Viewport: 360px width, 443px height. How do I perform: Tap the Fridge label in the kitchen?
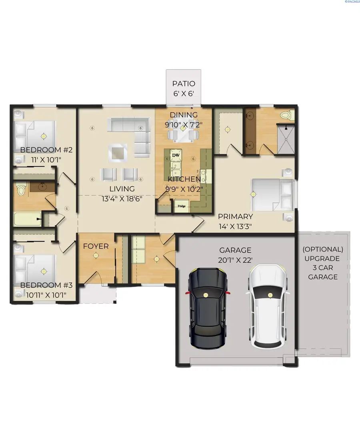tap(182, 206)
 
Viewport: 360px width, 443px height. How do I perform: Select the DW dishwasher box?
tap(175, 154)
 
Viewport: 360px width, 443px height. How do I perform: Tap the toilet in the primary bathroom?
tap(286, 116)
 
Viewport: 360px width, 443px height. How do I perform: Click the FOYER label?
tap(96, 246)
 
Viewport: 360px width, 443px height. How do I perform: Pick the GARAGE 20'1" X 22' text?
tap(235, 254)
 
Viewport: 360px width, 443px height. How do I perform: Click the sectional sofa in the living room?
tap(132, 132)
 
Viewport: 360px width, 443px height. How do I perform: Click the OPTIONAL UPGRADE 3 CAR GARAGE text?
tap(323, 263)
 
